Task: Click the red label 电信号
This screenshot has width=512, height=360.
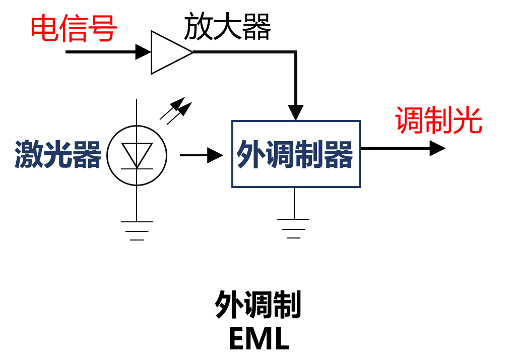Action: pyautogui.click(x=74, y=28)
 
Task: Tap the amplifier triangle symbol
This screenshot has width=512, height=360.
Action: pyautogui.click(x=168, y=52)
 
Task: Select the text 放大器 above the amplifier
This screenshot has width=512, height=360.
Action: pyautogui.click(x=227, y=27)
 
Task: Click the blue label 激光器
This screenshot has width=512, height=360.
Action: pyautogui.click(x=58, y=154)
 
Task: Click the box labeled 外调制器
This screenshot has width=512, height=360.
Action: pyautogui.click(x=296, y=154)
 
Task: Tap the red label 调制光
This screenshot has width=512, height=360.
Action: pyautogui.click(x=438, y=121)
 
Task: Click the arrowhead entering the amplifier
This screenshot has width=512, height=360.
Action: pyautogui.click(x=143, y=52)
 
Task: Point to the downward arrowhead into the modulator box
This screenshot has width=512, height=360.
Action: pyautogui.click(x=296, y=112)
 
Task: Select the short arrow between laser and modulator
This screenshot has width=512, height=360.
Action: pyautogui.click(x=201, y=155)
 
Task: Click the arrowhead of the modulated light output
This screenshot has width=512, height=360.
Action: pyautogui.click(x=437, y=148)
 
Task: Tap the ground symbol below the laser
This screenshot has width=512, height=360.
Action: pyautogui.click(x=137, y=230)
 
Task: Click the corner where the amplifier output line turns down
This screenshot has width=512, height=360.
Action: pyautogui.click(x=295, y=52)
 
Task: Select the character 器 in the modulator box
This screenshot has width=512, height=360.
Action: pyautogui.click(x=338, y=154)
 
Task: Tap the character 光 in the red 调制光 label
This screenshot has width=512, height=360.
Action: pyautogui.click(x=468, y=121)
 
